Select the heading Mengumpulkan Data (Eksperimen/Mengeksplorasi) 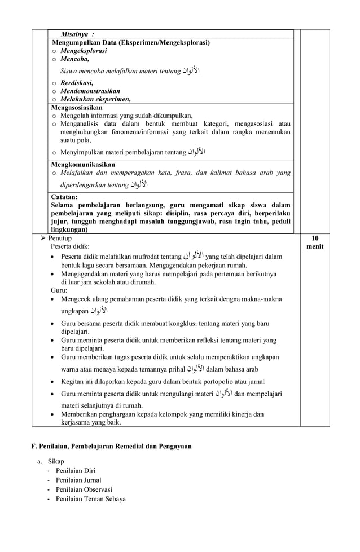point(131,42)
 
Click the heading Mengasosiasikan point(77,107)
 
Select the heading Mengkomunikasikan point(84,164)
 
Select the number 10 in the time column point(315,239)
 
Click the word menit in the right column point(315,246)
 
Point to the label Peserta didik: point(70,246)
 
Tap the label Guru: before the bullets point(59,290)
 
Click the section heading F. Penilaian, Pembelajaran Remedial point(111,446)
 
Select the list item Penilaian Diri point(75,471)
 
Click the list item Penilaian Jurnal point(78,480)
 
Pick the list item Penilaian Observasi point(84,489)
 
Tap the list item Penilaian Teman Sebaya point(90,498)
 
